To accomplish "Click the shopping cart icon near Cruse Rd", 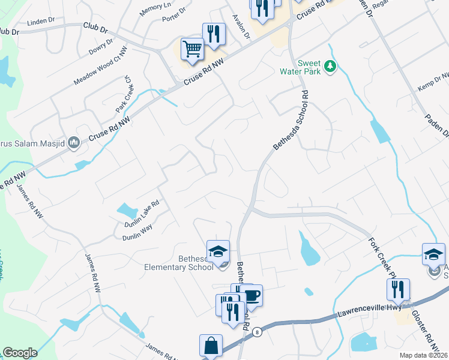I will (x=192, y=49).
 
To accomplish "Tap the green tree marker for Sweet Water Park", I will (x=330, y=66).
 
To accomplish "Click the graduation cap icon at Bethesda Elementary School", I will (x=218, y=251).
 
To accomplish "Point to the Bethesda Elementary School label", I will (x=178, y=263).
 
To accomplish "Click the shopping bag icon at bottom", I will (x=211, y=346).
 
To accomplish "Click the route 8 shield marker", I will (x=257, y=331).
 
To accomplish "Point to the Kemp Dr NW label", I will (x=433, y=83).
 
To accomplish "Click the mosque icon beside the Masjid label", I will (x=74, y=142).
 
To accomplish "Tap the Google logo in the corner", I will (x=20, y=353).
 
